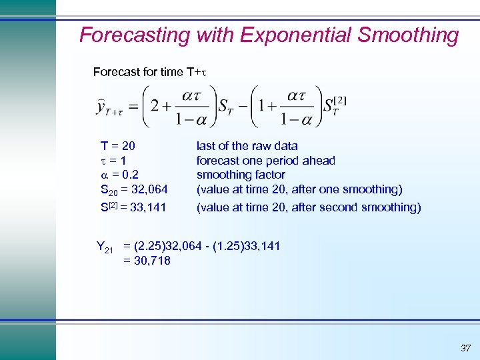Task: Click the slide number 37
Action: (x=465, y=347)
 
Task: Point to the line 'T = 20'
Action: (x=119, y=146)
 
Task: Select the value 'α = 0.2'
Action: (x=119, y=175)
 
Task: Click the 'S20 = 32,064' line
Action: (x=134, y=190)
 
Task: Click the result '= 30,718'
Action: (x=147, y=261)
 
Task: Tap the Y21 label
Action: (x=105, y=249)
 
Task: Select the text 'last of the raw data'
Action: (x=247, y=146)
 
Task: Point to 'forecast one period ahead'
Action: (x=265, y=161)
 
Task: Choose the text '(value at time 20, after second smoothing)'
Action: (x=309, y=207)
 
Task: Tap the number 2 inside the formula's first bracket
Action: (x=156, y=107)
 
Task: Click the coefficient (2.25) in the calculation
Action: (x=151, y=247)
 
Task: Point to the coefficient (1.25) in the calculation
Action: (x=243, y=247)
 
